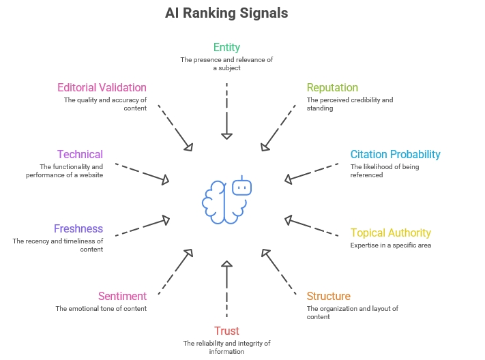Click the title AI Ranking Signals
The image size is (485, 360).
pyautogui.click(x=226, y=13)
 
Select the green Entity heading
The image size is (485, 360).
pyautogui.click(x=226, y=47)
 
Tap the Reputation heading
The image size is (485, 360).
pyautogui.click(x=332, y=87)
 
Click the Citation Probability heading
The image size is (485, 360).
pyautogui.click(x=395, y=154)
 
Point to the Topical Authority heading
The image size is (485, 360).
pyautogui.click(x=391, y=232)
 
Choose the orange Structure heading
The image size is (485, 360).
pyautogui.click(x=328, y=296)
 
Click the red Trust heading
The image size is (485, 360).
pyautogui.click(x=226, y=331)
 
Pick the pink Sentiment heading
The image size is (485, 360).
pyautogui.click(x=122, y=296)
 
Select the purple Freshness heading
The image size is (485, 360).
pyautogui.click(x=78, y=228)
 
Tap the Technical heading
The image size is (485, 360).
pyautogui.click(x=80, y=154)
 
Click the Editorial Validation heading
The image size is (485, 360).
pyautogui.click(x=102, y=87)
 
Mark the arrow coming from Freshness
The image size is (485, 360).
pyautogui.click(x=142, y=227)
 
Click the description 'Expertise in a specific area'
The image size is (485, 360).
pyautogui.click(x=391, y=245)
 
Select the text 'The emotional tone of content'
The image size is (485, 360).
pyautogui.click(x=101, y=308)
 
